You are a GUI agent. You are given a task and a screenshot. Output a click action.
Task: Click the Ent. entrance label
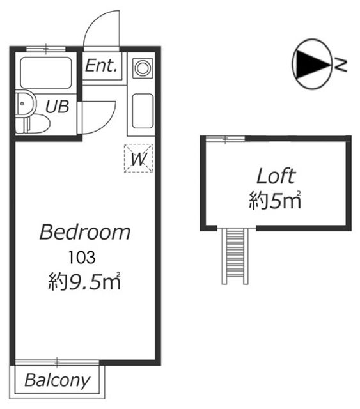[101, 65]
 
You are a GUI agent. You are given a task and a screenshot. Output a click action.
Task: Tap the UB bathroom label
[57, 107]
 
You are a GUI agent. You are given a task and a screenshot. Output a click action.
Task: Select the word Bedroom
[85, 232]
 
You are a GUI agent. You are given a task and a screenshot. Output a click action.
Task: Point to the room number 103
[82, 258]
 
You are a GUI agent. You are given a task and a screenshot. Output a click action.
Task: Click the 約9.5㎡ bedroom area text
[84, 281]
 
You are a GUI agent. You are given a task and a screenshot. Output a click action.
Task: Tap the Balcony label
[57, 380]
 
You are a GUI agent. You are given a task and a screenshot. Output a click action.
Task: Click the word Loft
[276, 176]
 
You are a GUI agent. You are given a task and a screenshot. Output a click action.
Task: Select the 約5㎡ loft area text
[275, 200]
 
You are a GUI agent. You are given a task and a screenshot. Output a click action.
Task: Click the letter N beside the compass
[341, 65]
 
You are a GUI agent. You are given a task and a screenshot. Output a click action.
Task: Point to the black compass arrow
[312, 65]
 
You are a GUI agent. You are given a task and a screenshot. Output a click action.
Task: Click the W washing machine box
[138, 158]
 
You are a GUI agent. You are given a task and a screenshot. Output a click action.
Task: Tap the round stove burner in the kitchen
[143, 68]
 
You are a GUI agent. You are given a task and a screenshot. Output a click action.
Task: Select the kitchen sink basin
[143, 111]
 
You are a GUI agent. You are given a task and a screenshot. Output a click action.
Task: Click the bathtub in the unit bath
[46, 73]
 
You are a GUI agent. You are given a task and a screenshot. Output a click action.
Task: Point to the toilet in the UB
[33, 125]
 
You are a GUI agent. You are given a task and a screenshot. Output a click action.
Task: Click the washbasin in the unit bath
[26, 104]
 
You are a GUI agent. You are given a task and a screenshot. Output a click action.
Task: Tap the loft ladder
[235, 256]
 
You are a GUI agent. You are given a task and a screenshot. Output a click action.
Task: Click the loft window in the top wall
[225, 139]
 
